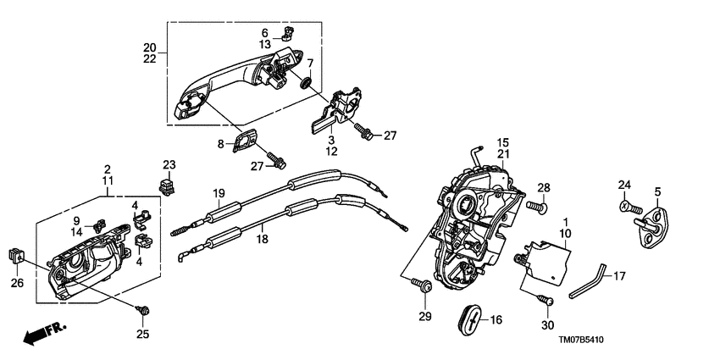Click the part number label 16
pos(496,320)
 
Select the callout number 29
pos(424,317)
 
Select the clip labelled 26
pos(16,254)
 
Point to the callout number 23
pos(168,163)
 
